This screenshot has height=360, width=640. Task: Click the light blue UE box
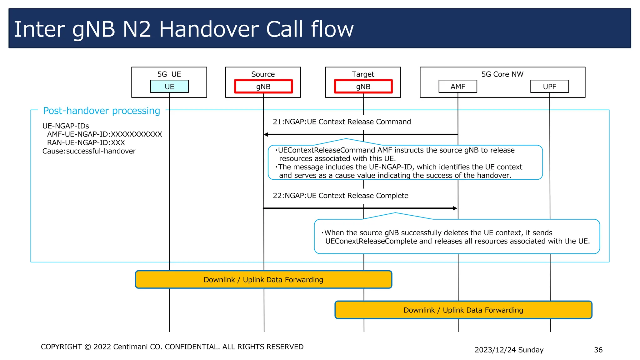(x=169, y=87)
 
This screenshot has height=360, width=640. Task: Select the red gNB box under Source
(x=263, y=87)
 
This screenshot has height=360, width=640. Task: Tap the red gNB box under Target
(x=363, y=87)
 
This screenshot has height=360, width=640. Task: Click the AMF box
(x=458, y=87)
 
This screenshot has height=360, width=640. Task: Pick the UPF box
(x=549, y=87)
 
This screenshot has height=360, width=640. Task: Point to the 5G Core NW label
(x=502, y=74)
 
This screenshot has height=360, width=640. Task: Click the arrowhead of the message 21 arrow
(x=266, y=135)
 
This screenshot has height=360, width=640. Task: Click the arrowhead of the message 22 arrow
(x=455, y=208)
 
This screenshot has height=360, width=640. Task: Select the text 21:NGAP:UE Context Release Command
(x=342, y=122)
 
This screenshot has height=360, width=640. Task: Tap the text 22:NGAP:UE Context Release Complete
(x=341, y=196)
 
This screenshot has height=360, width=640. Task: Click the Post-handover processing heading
(x=102, y=111)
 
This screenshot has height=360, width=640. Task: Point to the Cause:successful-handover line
(x=89, y=151)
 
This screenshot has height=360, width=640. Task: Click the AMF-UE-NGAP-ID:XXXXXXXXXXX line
(x=104, y=134)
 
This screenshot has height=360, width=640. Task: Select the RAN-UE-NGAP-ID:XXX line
(x=86, y=143)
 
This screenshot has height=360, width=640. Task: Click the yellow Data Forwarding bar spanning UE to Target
(x=263, y=280)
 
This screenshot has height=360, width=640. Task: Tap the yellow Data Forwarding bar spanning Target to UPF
(x=463, y=310)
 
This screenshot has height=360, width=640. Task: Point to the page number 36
(x=598, y=350)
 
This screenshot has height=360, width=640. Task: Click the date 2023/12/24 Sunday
(x=509, y=350)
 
